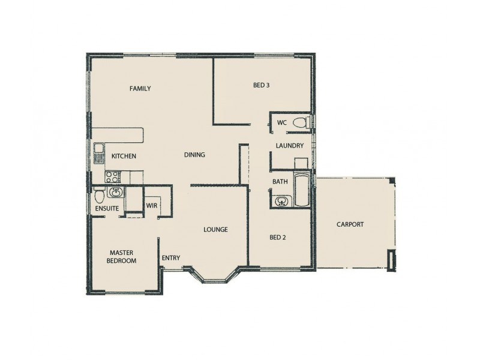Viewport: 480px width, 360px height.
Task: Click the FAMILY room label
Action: (140, 89)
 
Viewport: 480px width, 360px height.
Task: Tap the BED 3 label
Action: (261, 85)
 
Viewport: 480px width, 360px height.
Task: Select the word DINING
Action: (194, 155)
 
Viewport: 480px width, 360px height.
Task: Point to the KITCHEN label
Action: (124, 157)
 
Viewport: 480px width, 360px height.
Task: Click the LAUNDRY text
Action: (289, 146)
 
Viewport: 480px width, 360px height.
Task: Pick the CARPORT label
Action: (350, 224)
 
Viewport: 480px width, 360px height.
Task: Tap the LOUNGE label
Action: (215, 229)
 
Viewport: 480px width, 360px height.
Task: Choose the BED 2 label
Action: (278, 237)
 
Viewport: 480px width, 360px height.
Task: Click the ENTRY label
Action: (171, 258)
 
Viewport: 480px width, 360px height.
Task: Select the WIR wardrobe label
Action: (152, 205)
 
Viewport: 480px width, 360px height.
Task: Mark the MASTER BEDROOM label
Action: (122, 257)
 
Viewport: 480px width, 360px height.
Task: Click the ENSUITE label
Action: (107, 208)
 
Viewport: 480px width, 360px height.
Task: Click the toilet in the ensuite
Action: (99, 195)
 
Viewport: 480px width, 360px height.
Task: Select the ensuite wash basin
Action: (116, 193)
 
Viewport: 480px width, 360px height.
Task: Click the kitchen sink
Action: (99, 153)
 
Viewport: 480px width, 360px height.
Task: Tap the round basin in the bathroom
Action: (280, 201)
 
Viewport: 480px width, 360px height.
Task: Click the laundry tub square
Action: (301, 164)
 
